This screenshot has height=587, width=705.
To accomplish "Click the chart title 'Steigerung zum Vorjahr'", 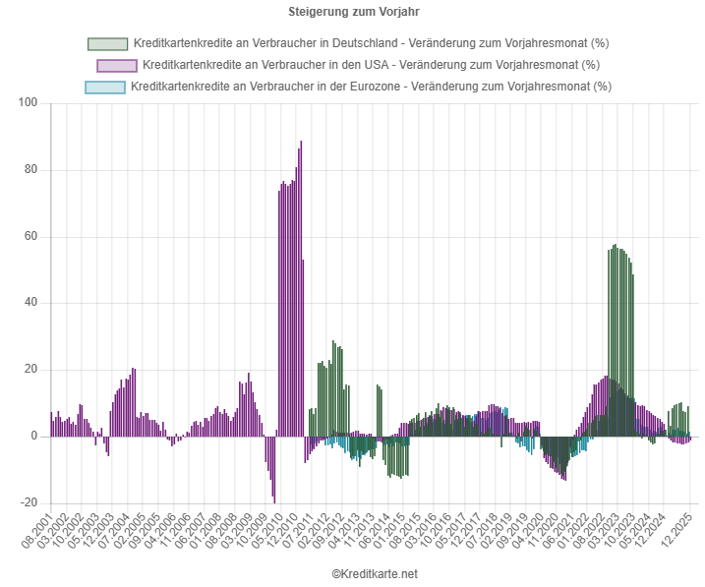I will (352, 12).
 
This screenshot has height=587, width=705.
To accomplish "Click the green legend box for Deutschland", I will (107, 44).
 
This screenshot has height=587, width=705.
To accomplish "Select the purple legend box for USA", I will (116, 65).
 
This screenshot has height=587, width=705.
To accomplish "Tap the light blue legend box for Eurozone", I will (105, 87).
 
